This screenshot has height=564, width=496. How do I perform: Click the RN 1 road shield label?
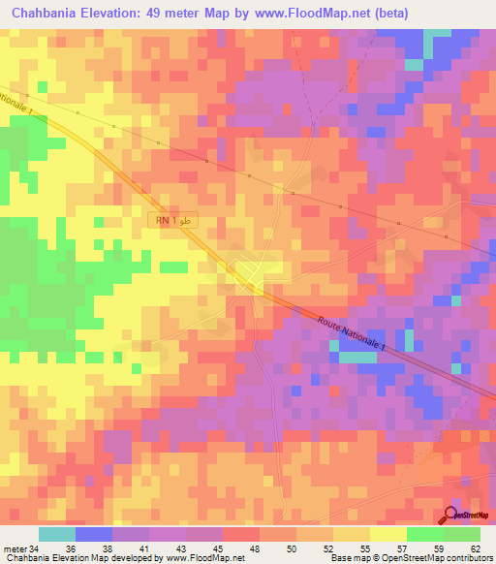click(x=173, y=222)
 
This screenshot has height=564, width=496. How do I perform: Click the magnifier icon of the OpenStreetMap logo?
click(x=451, y=516)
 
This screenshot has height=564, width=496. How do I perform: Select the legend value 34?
click(x=35, y=548)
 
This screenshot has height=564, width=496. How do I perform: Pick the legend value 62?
click(x=475, y=548)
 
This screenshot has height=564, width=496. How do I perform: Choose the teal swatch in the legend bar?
click(x=57, y=534)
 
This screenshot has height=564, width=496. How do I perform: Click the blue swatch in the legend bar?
click(x=94, y=534)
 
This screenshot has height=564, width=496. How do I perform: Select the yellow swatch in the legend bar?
click(x=388, y=534)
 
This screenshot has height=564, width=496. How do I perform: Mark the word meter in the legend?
click(x=15, y=548)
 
